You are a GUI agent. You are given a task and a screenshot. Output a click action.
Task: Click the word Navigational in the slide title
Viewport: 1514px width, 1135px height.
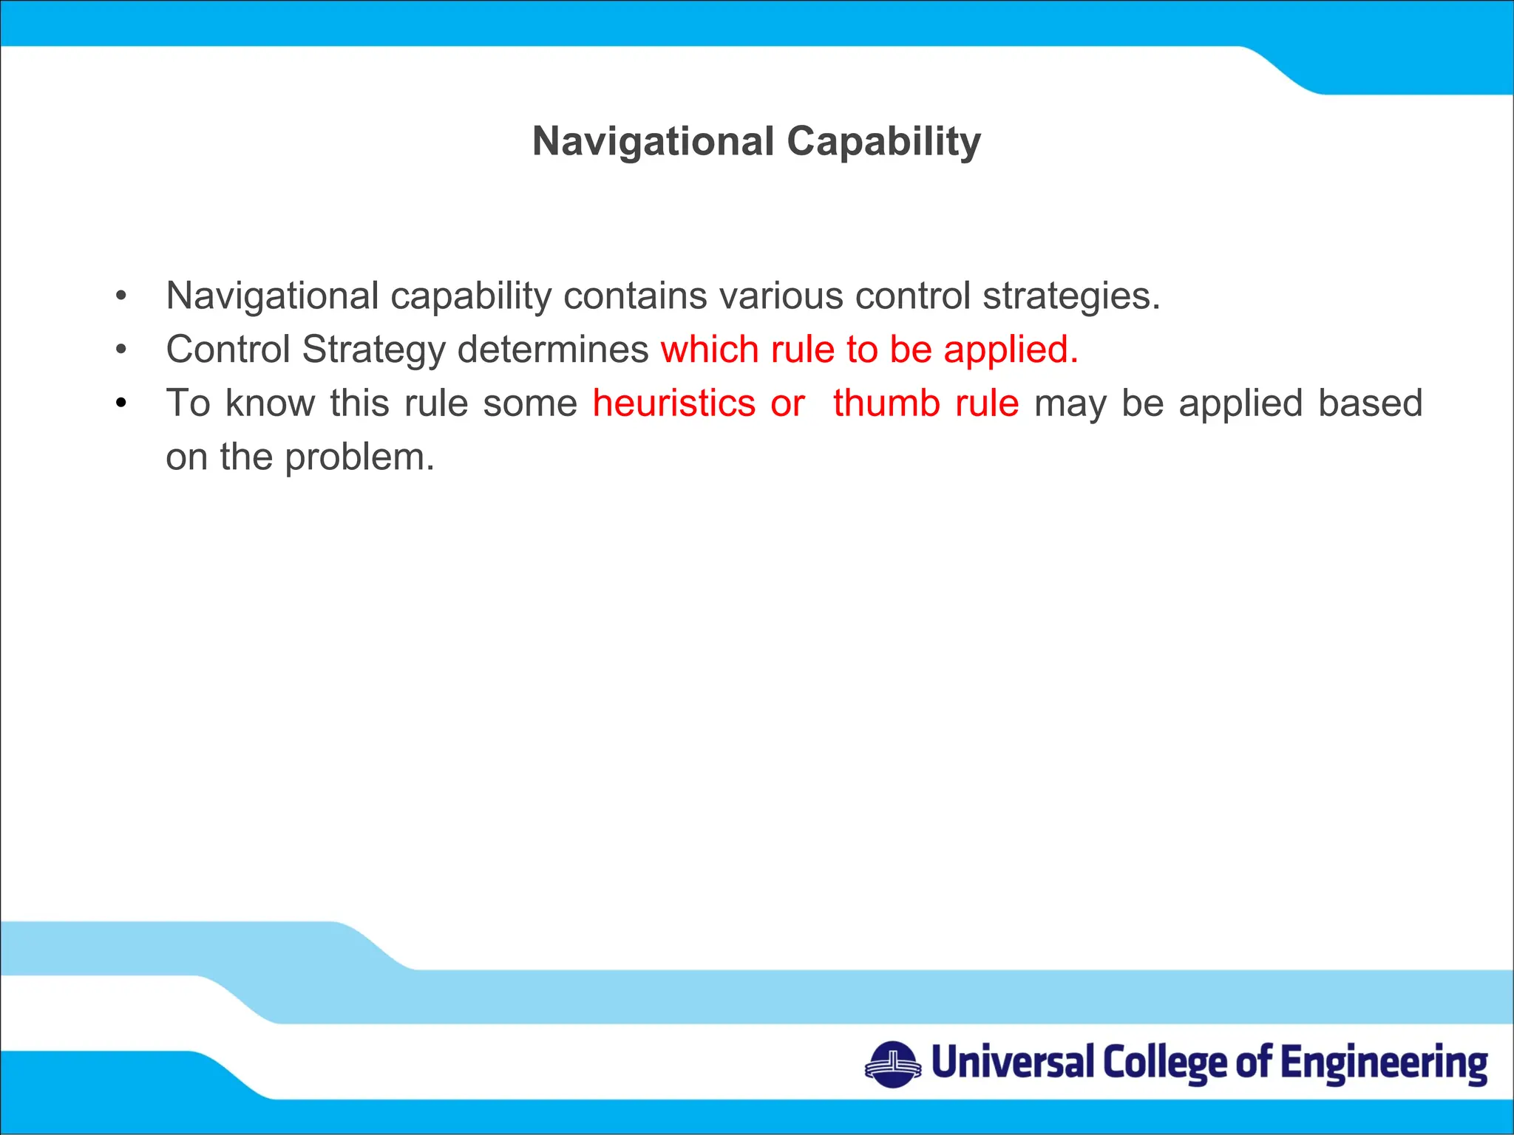(653, 141)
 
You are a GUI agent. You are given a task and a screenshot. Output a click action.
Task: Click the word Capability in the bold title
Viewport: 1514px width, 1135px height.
(883, 141)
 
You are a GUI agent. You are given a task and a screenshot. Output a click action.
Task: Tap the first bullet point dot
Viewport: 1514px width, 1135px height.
(121, 296)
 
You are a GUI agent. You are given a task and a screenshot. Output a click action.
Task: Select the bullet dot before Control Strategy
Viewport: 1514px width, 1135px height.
(121, 350)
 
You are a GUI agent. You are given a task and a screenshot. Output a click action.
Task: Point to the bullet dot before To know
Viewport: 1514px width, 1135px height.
(121, 403)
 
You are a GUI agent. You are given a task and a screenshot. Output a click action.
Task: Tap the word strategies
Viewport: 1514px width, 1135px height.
(1071, 297)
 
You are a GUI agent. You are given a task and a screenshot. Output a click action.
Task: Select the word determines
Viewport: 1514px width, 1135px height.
(553, 350)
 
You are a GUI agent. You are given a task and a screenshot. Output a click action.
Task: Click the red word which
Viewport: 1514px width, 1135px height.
(710, 350)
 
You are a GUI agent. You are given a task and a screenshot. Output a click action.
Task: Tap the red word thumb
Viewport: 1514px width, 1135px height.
(886, 403)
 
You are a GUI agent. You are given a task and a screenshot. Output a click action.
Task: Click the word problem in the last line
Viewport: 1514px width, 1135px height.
(359, 457)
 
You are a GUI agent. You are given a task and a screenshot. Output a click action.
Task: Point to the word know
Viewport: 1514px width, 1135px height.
(270, 403)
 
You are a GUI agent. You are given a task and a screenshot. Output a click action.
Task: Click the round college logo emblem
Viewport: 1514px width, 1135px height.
(893, 1065)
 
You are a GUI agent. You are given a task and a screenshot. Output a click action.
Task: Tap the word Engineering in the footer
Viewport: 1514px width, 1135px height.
(1384, 1064)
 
